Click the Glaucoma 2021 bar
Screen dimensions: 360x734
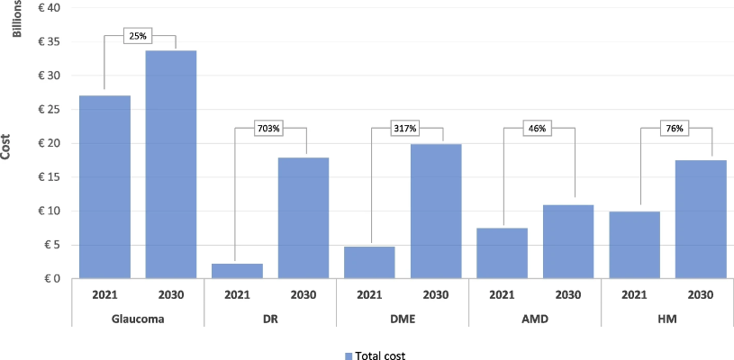[104, 187]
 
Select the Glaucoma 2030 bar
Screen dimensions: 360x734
[171, 165]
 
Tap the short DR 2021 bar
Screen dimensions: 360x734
[237, 271]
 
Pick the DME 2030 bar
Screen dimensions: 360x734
[436, 211]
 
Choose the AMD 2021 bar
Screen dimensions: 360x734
[502, 253]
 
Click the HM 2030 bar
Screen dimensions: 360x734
[701, 219]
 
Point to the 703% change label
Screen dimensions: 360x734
[269, 129]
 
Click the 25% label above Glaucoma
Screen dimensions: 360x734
[138, 37]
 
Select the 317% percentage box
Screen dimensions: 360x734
[403, 129]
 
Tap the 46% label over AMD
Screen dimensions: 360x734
[536, 129]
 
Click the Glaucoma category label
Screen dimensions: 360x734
[138, 319]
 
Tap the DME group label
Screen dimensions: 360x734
[403, 319]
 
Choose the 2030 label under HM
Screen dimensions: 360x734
[700, 294]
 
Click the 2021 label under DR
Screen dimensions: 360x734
[237, 294]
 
